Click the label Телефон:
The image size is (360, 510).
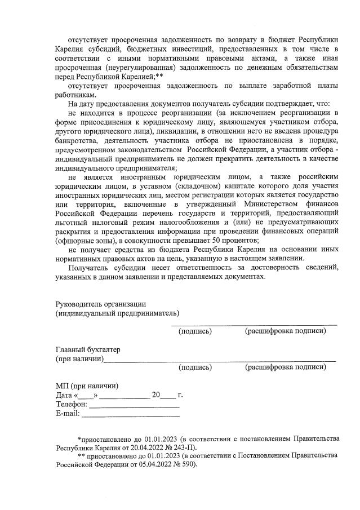click(72, 405)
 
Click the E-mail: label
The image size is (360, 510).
click(68, 414)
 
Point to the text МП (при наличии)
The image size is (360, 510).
click(87, 386)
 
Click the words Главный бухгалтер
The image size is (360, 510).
click(87, 349)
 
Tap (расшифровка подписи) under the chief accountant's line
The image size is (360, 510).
click(285, 367)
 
